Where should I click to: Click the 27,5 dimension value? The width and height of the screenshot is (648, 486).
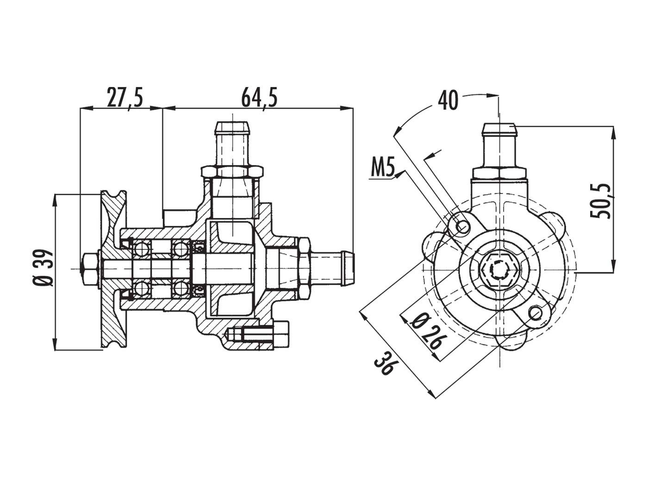pos(125,98)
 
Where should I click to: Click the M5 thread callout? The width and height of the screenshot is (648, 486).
pos(383,170)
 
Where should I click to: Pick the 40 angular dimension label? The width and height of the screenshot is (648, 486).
pos(448,101)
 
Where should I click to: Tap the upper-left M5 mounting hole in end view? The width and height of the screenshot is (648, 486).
pos(462,226)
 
